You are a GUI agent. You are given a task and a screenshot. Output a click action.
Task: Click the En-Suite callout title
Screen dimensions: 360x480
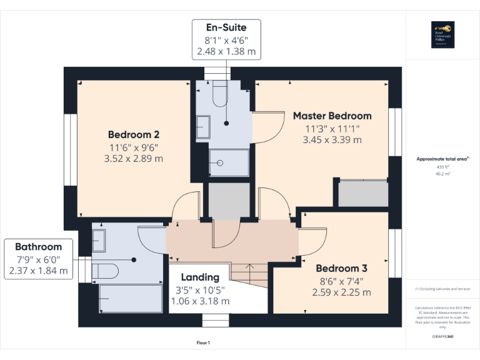pos(226,27)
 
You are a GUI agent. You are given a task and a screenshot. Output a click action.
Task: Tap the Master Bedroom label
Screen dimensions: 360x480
pos(332,116)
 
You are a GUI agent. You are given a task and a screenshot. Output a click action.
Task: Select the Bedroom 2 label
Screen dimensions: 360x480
pos(134,134)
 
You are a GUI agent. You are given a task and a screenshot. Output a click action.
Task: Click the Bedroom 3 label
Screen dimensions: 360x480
pos(341,267)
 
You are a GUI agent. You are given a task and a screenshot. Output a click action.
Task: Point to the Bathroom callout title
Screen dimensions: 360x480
pos(39,247)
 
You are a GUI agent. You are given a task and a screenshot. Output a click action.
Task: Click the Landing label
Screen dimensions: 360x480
pos(200,277)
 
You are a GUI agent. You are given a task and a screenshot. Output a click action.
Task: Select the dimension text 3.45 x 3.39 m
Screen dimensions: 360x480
pos(332,140)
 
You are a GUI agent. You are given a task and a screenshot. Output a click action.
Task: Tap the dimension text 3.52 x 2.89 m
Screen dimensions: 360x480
pos(134,159)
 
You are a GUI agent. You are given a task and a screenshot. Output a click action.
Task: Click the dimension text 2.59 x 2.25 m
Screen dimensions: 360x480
pos(341,292)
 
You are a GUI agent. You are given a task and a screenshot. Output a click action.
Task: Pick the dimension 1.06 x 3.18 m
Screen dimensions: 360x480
pos(200,301)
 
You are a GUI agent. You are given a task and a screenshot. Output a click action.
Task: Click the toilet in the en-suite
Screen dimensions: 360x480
pos(220,93)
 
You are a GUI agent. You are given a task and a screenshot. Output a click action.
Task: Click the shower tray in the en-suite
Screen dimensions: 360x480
pos(229,163)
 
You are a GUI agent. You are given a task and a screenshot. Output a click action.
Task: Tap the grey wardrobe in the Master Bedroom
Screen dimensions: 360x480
pos(362,194)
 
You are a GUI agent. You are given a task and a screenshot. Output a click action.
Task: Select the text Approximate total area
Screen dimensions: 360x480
pos(441,159)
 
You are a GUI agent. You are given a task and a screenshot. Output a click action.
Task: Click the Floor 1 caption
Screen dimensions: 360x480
pos(204,343)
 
